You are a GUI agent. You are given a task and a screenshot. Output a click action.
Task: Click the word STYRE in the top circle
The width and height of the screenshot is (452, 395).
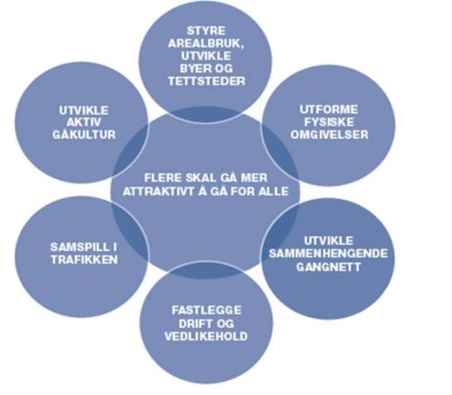coord(206,31)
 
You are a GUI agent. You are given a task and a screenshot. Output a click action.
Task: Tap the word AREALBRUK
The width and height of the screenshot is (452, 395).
coord(206,43)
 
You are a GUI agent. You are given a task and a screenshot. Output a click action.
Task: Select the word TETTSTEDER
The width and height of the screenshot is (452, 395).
coord(206,81)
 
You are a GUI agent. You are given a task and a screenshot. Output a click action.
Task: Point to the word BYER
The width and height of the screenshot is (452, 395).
coord(193,69)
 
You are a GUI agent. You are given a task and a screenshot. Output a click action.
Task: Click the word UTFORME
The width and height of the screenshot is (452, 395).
coord(329,109)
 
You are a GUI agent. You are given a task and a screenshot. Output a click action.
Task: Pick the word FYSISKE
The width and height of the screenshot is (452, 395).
coord(329,122)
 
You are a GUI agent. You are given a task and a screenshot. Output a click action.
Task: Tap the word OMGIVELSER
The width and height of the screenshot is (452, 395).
coord(329,135)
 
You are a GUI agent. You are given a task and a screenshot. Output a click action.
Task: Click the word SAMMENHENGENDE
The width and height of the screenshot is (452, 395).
coord(328,253)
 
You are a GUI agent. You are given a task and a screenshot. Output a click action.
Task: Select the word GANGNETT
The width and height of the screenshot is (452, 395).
coord(328,267)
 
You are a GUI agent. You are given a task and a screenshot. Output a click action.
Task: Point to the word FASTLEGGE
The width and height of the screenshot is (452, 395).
coord(207,310)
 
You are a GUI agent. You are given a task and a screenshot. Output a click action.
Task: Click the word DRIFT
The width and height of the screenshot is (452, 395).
coord(193,324)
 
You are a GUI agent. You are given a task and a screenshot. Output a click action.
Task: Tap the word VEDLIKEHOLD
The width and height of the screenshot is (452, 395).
coord(206,336)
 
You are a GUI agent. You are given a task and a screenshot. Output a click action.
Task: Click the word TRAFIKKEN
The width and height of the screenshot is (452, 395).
coord(84,259)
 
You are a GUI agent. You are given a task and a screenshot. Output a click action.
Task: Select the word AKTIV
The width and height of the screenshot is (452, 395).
coord(84,123)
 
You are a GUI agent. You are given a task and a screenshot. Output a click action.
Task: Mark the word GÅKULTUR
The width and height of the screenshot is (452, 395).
coord(84,135)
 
